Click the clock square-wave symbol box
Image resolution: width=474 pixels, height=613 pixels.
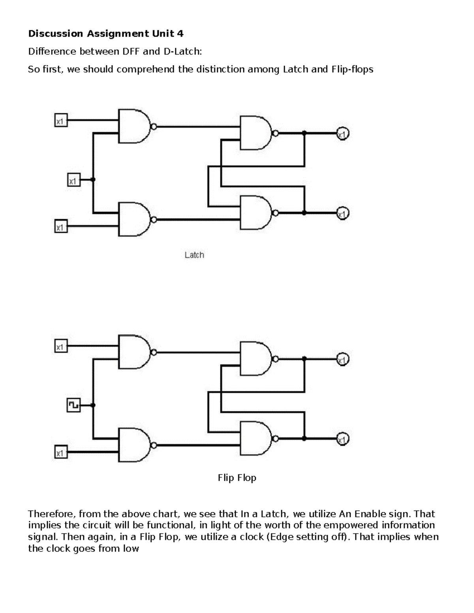coord(74,405)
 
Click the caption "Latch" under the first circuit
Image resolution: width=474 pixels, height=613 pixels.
coord(194,255)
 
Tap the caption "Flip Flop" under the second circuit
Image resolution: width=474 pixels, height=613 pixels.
coord(237,478)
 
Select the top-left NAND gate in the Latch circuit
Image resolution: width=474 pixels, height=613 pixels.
coord(134,126)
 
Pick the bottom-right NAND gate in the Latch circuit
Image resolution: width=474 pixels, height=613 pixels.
coord(256,213)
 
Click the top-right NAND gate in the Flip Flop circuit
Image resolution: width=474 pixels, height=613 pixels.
coord(256,358)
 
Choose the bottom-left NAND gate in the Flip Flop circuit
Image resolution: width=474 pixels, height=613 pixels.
coord(134,445)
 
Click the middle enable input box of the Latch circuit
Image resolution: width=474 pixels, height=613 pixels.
coord(74,180)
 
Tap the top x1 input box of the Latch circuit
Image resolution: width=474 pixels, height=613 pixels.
coord(61,120)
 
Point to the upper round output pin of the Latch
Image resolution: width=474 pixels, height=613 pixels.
coord(343,134)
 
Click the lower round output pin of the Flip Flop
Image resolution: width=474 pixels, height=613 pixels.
coord(343,439)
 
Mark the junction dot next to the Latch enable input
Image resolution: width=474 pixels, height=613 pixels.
coord(93,180)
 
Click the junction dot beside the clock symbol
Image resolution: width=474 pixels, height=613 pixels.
coord(93,405)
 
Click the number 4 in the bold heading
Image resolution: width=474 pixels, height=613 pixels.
coord(180,34)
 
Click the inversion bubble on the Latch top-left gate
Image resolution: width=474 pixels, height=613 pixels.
coord(154,127)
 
